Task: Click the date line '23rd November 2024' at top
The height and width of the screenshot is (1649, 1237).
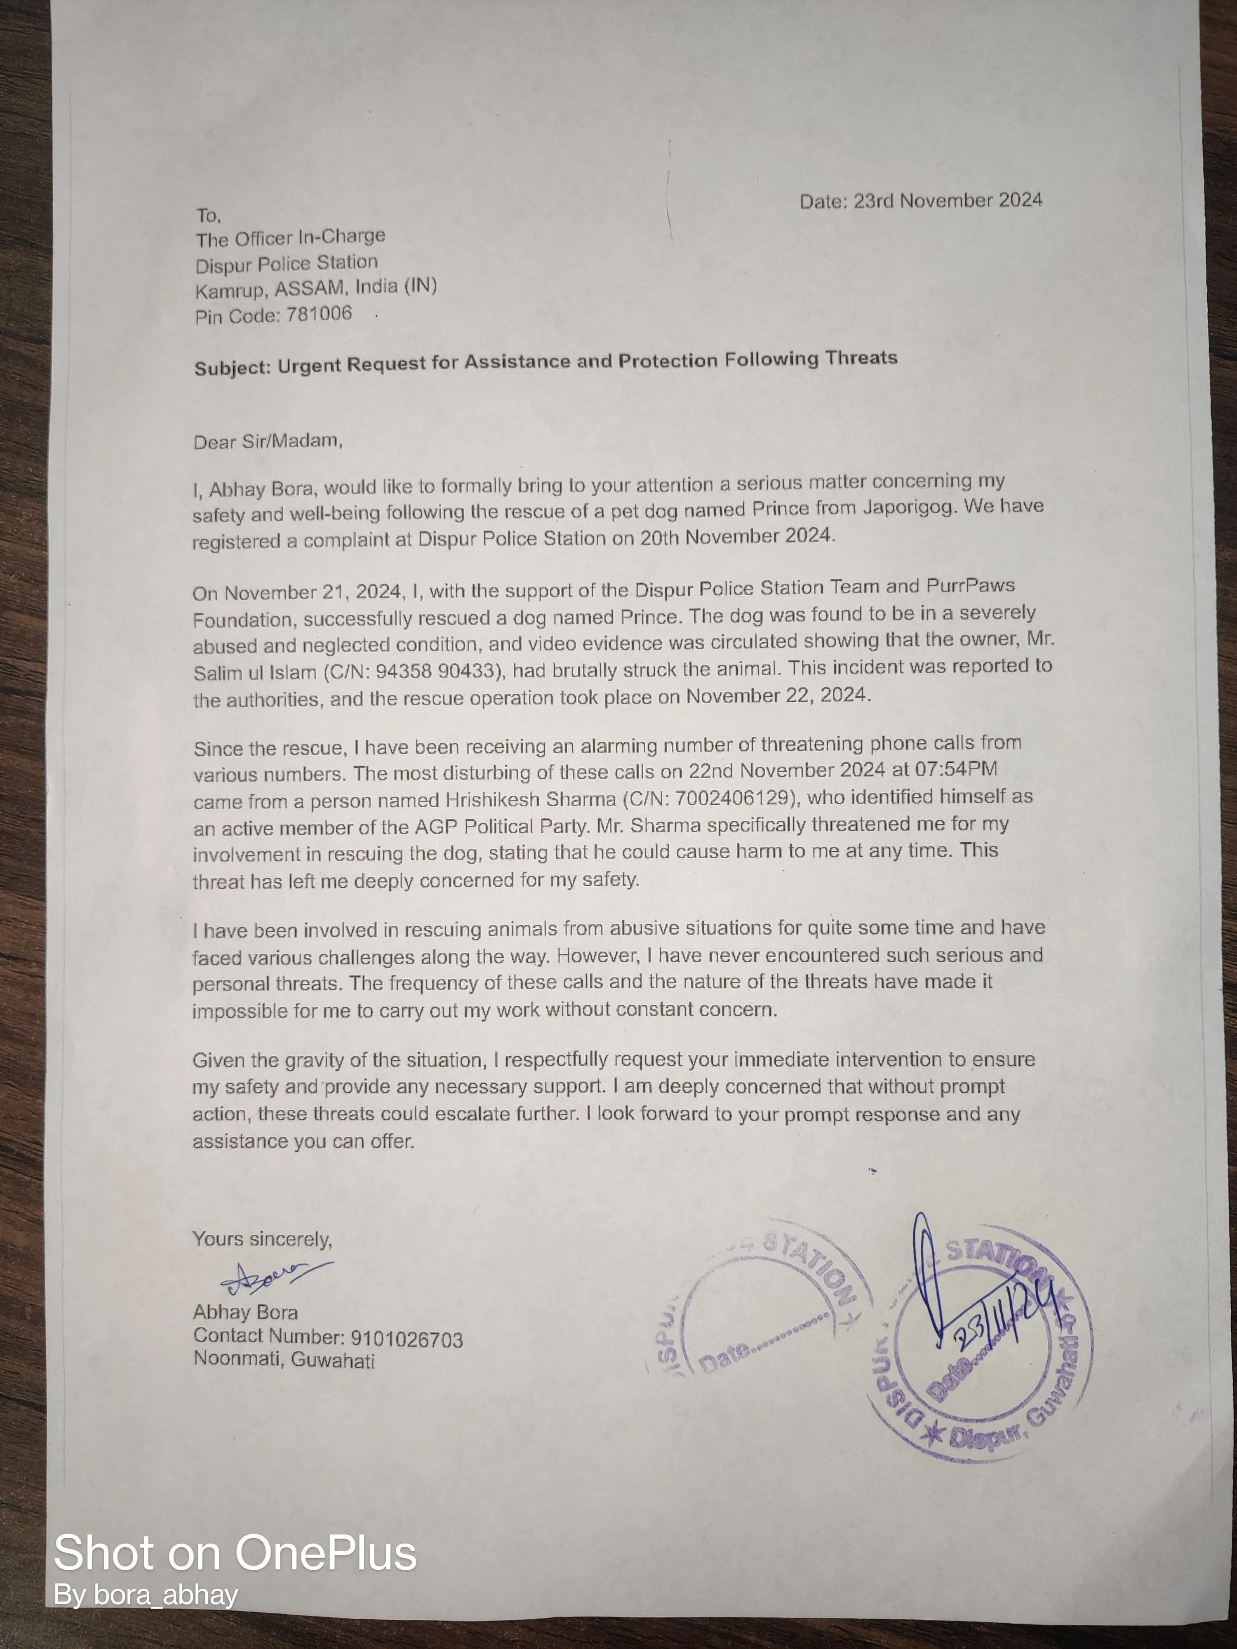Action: click(947, 200)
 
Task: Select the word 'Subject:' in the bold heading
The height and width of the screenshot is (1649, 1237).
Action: click(232, 368)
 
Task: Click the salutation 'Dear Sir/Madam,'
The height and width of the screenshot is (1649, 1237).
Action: click(268, 442)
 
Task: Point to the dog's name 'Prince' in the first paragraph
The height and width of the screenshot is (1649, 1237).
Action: click(780, 509)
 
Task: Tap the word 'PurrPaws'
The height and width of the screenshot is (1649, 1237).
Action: click(970, 585)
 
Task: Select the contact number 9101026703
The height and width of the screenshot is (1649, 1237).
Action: click(407, 1340)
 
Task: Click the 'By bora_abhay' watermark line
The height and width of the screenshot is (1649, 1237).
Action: click(146, 1595)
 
